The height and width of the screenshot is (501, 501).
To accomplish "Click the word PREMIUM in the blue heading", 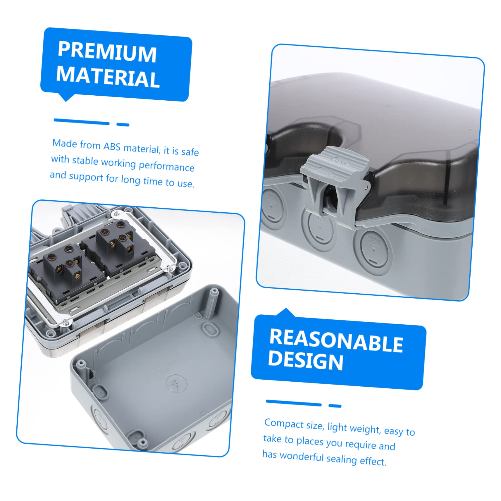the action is pos(107,51).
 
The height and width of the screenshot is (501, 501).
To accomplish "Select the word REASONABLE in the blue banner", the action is pos(336,340).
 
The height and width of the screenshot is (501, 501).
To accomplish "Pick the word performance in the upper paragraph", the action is pos(166,166).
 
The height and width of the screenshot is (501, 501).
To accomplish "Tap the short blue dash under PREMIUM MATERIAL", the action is pos(123,125).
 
